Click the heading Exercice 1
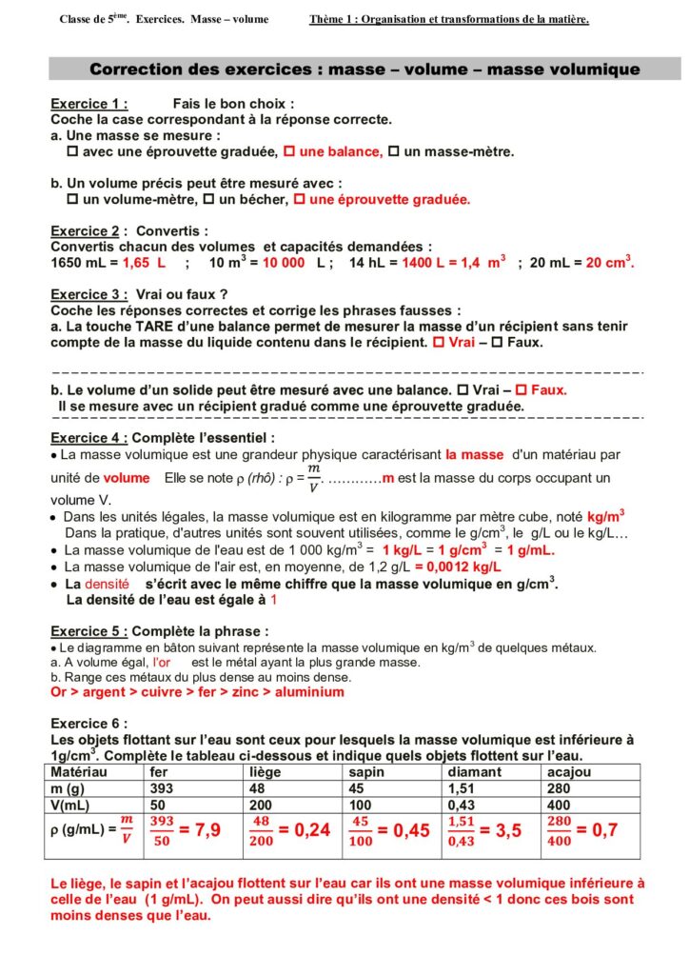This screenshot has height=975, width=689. [x=89, y=104]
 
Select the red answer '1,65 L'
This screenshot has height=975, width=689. [x=145, y=262]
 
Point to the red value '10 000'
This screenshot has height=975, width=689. [x=284, y=262]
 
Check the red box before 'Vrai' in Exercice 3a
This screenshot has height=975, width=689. [x=438, y=341]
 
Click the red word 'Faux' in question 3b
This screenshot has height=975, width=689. [x=548, y=389]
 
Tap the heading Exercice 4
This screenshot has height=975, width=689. [x=89, y=438]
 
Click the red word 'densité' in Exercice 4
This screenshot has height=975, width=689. [x=107, y=582]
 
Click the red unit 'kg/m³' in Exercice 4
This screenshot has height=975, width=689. [x=605, y=515]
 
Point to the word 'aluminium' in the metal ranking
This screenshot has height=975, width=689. [x=309, y=692]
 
